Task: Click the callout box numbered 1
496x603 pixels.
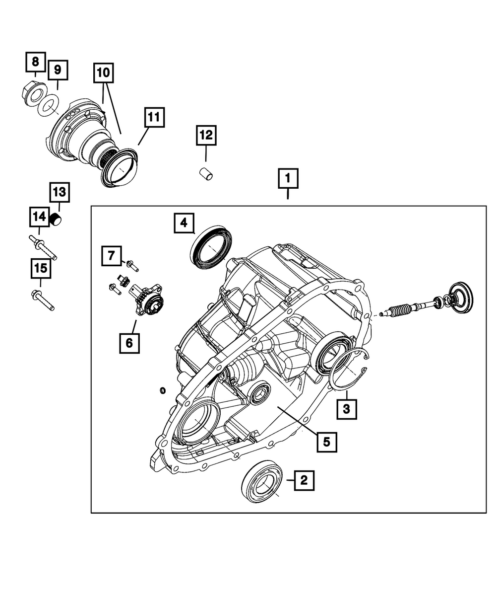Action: tap(288, 179)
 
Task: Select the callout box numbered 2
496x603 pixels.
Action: tap(304, 480)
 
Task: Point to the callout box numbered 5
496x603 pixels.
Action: tap(326, 441)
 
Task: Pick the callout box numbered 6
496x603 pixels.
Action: tap(129, 342)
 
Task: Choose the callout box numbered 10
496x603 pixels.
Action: tap(103, 73)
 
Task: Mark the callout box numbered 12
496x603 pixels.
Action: tap(206, 135)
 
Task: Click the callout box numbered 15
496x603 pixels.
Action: tap(41, 269)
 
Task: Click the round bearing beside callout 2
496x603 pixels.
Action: tap(261, 481)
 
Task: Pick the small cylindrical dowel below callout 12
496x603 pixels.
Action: tap(205, 174)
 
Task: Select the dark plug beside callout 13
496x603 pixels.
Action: tap(57, 219)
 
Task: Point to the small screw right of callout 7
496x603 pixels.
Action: tap(132, 265)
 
